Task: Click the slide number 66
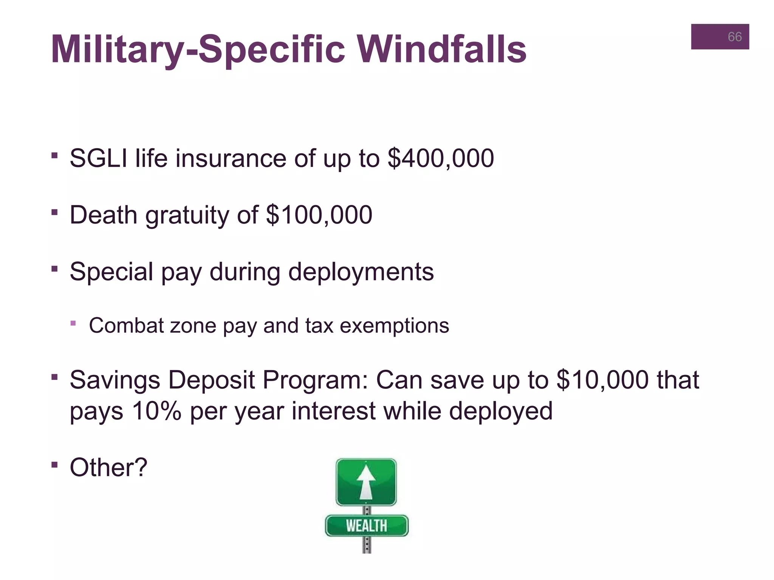point(734,37)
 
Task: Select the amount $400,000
point(441,158)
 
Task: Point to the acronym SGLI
point(98,158)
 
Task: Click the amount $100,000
point(319,215)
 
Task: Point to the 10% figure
point(157,411)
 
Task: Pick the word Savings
point(115,380)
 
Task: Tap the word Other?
point(108,467)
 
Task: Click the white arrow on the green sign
point(366,482)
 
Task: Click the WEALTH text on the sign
point(366,526)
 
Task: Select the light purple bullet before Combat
point(73,323)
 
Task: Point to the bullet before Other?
point(55,464)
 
